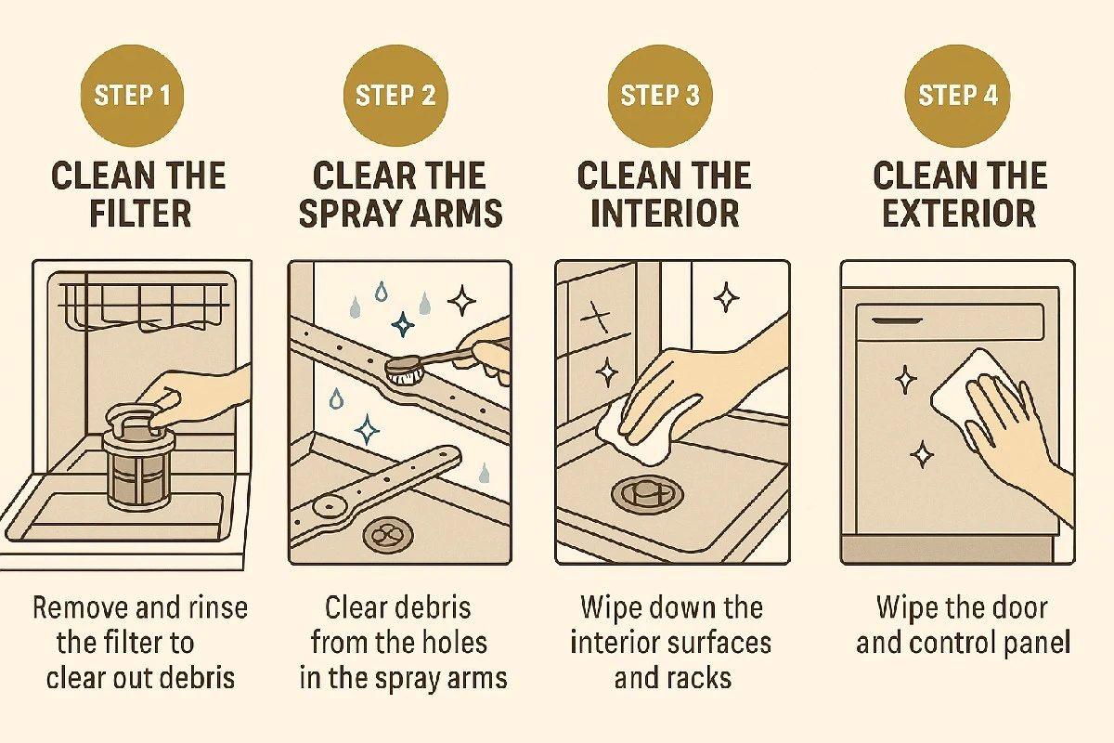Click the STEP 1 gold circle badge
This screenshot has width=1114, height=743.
[132, 96]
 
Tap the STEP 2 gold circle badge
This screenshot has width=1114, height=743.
[395, 96]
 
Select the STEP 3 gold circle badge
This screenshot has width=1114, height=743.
[660, 96]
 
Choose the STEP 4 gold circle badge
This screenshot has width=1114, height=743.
[957, 96]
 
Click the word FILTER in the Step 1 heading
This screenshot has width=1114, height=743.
[141, 214]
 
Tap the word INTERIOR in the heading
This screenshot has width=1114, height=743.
[665, 214]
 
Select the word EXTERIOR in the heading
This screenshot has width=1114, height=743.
[959, 214]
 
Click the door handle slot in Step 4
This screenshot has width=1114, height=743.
[897, 321]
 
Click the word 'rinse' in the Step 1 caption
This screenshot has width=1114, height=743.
[218, 607]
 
